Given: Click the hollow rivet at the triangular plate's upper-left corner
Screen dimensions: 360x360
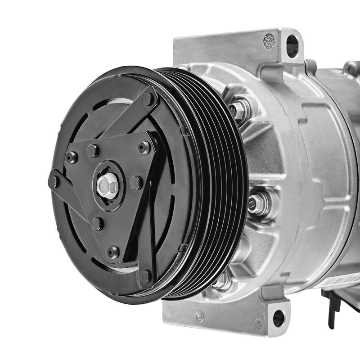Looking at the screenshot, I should coord(71,157).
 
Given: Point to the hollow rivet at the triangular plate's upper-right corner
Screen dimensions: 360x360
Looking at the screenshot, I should coord(144,147).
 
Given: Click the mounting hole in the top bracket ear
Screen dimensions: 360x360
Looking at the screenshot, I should coord(292,46).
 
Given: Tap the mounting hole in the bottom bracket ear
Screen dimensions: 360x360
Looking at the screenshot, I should coord(279,318).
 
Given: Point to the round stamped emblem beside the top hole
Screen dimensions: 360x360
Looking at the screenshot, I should coord(269,41).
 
